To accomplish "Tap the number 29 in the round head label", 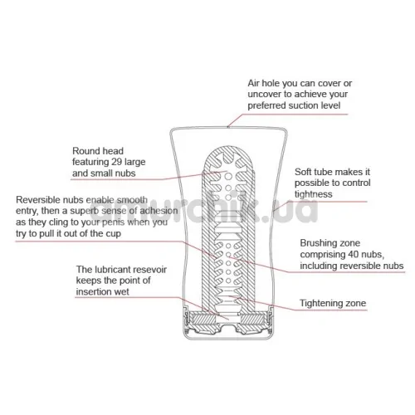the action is (x=117, y=162).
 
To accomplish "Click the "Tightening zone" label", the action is (x=333, y=303).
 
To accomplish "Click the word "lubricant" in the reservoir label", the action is (x=113, y=270).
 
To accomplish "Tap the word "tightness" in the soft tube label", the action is (x=314, y=194).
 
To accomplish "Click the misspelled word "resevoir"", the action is (x=150, y=270).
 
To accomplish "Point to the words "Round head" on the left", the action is (x=98, y=151).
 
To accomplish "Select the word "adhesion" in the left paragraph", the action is (x=159, y=211).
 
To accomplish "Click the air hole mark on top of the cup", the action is (x=228, y=127).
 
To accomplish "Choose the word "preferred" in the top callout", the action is (x=266, y=105).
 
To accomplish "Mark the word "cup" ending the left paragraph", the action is (x=114, y=234).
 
